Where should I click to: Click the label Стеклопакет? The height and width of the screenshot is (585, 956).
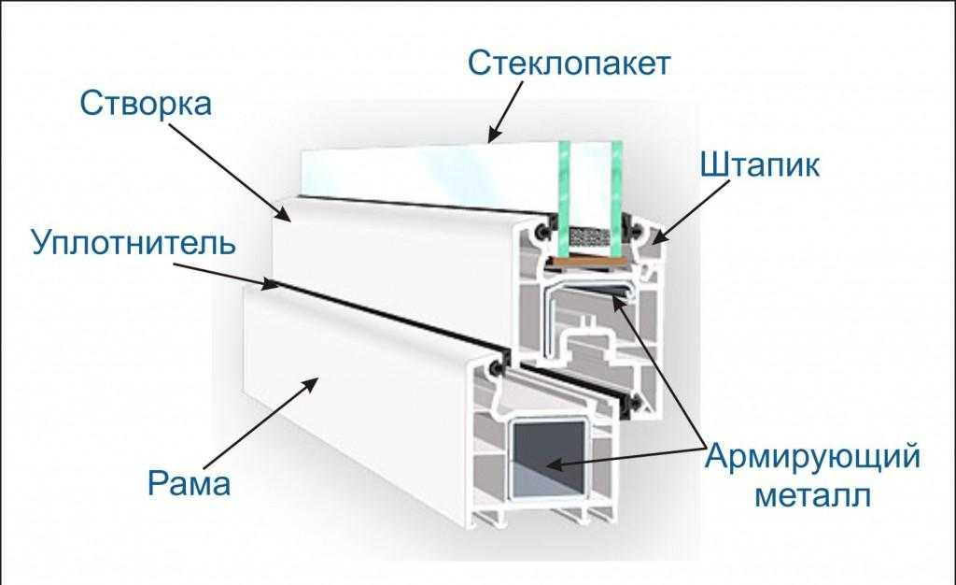coord(569,65)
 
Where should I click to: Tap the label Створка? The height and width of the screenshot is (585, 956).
coord(146,103)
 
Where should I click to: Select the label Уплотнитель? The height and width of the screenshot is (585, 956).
coord(130,245)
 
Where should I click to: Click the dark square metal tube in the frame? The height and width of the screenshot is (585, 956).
coord(550,458)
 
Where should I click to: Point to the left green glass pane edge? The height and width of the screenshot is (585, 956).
coord(563,182)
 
